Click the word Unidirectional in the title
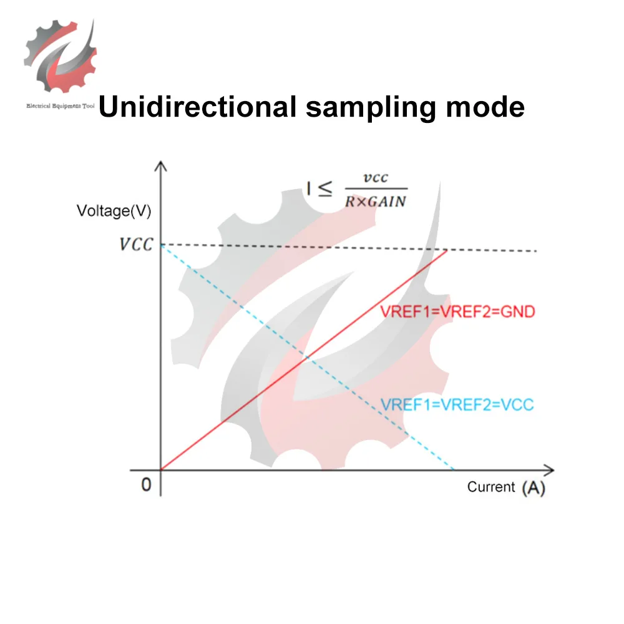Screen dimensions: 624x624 coord(197,106)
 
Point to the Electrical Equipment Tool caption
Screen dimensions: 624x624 coord(59,106)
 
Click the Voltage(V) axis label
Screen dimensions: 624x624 coord(114,211)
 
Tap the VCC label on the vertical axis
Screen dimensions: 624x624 coord(135,244)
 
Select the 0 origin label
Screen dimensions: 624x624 coord(146,485)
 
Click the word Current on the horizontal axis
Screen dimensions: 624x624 coord(491,487)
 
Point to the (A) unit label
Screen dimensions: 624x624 coord(533,487)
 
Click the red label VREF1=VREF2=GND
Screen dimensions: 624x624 coord(457,311)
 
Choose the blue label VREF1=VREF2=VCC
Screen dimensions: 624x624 coord(457,404)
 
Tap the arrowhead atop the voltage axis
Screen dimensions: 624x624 coord(162,165)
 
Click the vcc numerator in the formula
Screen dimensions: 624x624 coord(376,178)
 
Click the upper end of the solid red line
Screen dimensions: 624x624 coord(447,250)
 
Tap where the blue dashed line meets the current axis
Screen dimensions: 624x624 coord(454,469)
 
